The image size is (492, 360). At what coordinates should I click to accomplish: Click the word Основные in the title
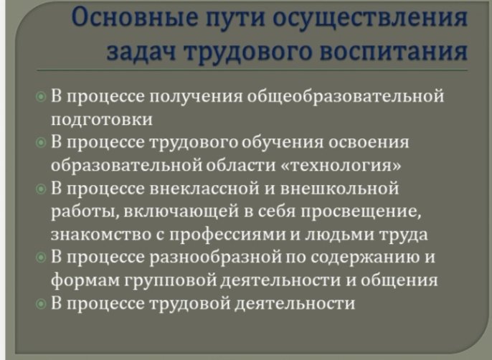136,16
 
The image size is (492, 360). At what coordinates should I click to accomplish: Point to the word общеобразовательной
346,96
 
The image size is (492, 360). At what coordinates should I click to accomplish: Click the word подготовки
102,120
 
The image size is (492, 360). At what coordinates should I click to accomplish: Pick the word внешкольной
339,189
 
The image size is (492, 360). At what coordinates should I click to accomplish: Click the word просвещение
361,212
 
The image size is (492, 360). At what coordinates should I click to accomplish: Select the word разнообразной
215,257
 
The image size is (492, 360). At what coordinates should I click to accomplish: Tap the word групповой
171,280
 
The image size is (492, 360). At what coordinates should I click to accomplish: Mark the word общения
399,280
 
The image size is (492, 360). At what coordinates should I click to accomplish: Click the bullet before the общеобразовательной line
41,97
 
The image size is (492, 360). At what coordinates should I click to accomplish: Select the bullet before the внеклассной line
41,189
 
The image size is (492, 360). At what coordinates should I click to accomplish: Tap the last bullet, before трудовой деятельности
41,304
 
